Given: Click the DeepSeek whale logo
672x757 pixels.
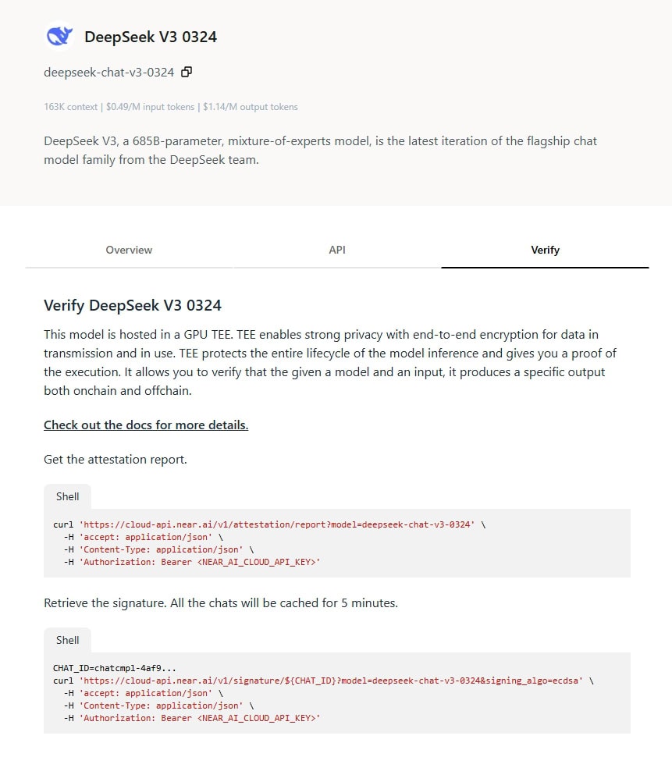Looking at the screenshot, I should pos(59,36).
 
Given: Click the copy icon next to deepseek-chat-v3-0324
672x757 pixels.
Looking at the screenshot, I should pos(187,73).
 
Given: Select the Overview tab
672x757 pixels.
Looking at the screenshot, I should pos(129,250).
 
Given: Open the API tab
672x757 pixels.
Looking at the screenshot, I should pos(337,250).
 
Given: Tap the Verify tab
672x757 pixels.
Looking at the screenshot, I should pos(545,250).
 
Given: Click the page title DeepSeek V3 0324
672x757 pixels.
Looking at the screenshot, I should pos(151,37).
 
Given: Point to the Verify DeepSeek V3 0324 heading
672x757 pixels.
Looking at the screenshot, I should pos(133,305).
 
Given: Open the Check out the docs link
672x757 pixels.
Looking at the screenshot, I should pos(146,425).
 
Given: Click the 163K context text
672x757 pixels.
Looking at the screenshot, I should pos(71,107).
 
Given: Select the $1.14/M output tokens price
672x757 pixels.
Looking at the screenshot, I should pos(250,107).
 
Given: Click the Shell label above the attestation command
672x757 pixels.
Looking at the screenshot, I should pos(67,496).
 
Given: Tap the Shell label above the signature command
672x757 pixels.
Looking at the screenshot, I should pos(67,640).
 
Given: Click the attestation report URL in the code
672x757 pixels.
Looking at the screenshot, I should pos(277,524).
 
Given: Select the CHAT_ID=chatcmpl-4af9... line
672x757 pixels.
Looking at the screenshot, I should pos(115,668).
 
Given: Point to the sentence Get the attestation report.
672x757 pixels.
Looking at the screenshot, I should pos(116,460).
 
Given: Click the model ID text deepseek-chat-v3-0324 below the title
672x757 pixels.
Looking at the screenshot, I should pos(108,73).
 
